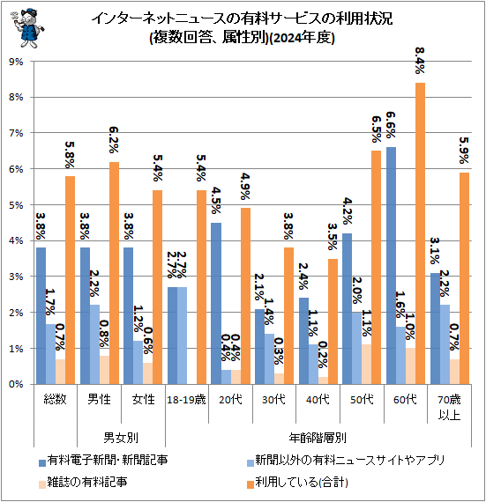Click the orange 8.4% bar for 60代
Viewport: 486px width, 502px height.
point(421,233)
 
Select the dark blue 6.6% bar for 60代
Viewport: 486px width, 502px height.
point(391,265)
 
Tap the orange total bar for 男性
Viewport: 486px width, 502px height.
point(115,273)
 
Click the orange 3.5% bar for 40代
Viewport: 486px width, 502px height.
point(333,321)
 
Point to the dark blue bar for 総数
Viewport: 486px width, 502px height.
point(41,315)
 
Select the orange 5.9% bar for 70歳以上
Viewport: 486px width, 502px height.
point(464,278)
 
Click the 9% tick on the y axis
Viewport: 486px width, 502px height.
point(17,62)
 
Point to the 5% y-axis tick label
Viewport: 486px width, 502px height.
point(17,205)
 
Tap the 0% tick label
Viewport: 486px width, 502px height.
point(17,384)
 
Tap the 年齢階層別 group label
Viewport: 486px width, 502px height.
point(318,436)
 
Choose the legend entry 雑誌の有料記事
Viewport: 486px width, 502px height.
point(87,482)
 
